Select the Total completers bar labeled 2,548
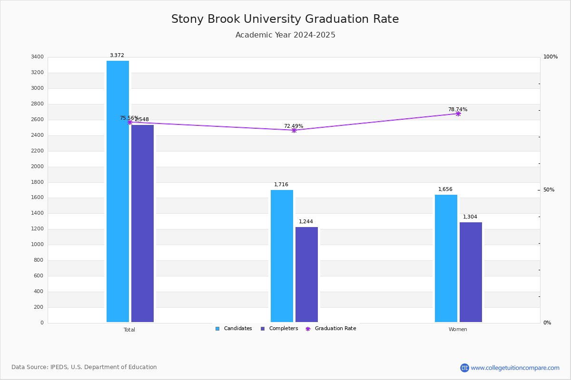click(x=142, y=223)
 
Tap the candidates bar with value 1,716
click(x=282, y=256)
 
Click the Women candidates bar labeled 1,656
click(x=446, y=258)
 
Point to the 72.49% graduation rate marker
click(x=294, y=130)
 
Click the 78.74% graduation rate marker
click(x=458, y=114)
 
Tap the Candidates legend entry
click(x=234, y=329)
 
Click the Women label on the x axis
click(x=458, y=330)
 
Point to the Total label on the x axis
click(x=129, y=330)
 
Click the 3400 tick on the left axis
click(x=37, y=57)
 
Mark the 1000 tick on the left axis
click(x=37, y=245)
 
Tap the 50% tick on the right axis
click(x=549, y=190)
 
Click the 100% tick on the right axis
click(x=550, y=57)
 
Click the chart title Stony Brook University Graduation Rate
click(x=285, y=19)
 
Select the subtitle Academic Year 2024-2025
click(x=285, y=35)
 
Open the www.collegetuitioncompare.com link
click(x=515, y=368)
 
